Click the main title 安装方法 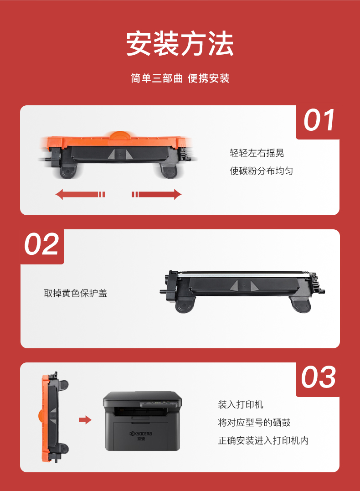pos(180,43)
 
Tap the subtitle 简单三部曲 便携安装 pos(180,78)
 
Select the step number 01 pos(319,120)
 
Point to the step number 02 pos(41,244)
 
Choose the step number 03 pos(319,377)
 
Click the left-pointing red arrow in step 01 pos(81,195)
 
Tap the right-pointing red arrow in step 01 pos(156,195)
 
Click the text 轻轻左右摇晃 pos(257,153)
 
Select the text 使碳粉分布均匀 pos(262,171)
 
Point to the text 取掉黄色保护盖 pos(76,293)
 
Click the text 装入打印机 pos(241,404)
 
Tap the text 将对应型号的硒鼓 pos(254,423)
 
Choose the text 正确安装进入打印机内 pos(263,440)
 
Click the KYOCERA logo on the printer pos(141,434)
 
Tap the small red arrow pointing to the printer pos(85,420)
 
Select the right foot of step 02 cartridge pos(300,305)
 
